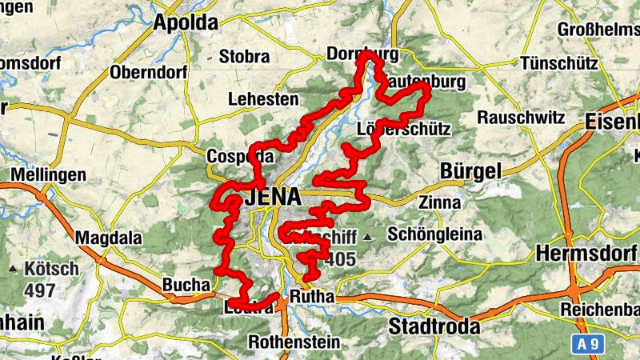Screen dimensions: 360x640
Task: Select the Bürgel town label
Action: pos(470,171)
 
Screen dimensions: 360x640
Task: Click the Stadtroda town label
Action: pos(434,326)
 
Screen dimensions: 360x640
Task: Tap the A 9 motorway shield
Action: pos(589,343)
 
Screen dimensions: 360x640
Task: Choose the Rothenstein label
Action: pos(294,342)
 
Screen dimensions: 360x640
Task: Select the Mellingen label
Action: pos(48,174)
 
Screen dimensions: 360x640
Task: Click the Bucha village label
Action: pos(186,284)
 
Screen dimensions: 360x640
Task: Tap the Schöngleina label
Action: pos(434,234)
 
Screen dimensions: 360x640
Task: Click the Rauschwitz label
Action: pos(520,117)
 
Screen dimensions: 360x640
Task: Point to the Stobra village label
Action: pos(244,57)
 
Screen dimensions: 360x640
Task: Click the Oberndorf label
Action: pos(149,72)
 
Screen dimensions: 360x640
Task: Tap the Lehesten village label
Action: pos(263,99)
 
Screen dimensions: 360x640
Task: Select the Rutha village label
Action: pos(311,298)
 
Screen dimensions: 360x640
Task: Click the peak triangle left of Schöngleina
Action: pos(367,237)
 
